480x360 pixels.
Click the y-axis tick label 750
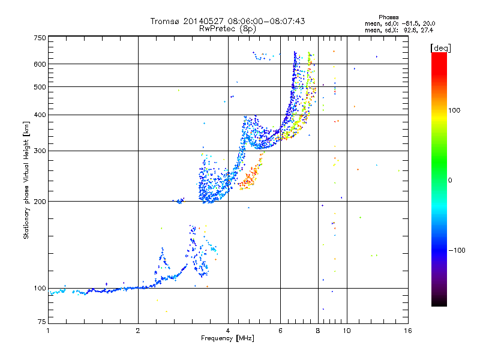point(40,38)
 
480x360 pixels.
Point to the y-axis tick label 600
point(40,64)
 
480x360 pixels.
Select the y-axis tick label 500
point(40,87)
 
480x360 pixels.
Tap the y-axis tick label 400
point(40,115)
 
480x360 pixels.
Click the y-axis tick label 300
point(40,151)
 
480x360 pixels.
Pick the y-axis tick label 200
point(40,202)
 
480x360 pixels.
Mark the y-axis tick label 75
point(42,322)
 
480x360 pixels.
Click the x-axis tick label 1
point(48,331)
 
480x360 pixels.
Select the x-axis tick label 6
point(280,331)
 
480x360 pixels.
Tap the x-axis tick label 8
point(318,331)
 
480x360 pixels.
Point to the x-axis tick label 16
point(408,331)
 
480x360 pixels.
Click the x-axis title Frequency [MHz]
point(227,338)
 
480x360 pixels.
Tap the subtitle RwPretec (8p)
point(227,29)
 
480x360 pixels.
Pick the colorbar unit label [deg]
point(440,49)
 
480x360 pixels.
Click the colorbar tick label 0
point(450,181)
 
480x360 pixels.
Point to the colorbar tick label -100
point(457,250)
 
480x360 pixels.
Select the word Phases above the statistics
point(388,17)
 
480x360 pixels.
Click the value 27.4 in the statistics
point(427,31)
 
